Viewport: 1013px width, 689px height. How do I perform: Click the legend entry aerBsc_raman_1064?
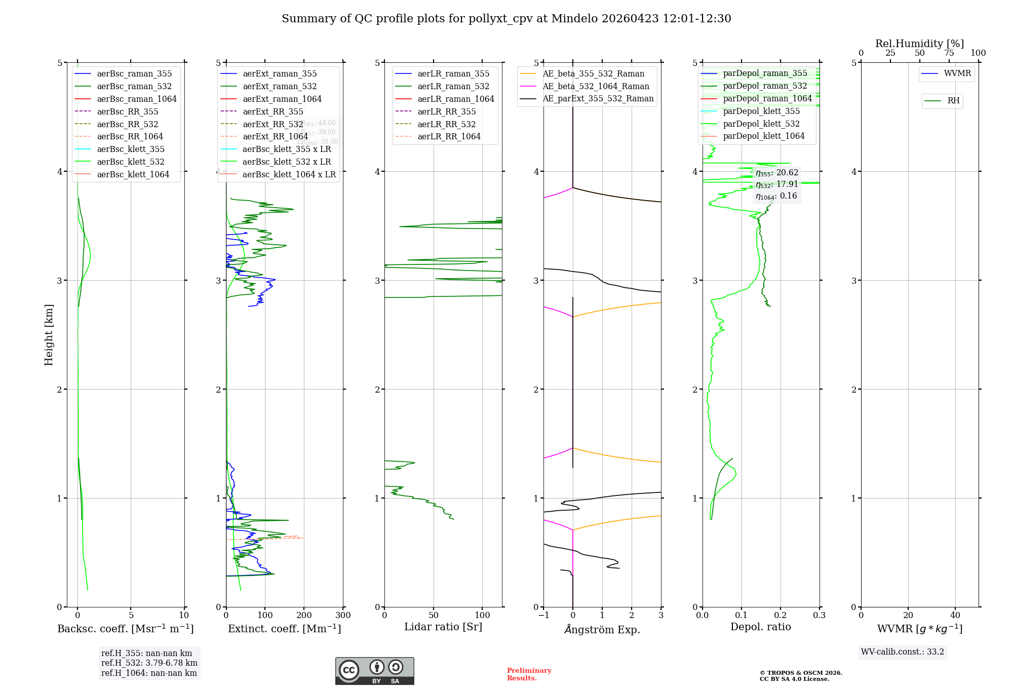137,99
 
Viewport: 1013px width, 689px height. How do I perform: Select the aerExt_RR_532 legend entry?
272,124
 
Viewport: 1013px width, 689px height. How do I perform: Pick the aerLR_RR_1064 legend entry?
449,136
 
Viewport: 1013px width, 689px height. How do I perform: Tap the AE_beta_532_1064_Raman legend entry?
596,86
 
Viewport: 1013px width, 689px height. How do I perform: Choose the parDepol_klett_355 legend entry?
761,111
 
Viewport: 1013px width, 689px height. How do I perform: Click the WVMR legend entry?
957,73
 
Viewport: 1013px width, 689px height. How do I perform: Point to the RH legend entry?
953,101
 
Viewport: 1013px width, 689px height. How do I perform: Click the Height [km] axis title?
49,334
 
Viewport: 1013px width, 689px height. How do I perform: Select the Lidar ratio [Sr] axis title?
443,627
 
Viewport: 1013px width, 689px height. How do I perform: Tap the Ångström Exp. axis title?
602,629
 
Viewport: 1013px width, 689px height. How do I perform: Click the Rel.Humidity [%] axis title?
919,44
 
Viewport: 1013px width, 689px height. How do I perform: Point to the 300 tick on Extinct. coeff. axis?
343,615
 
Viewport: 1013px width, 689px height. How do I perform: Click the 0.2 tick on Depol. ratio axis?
781,615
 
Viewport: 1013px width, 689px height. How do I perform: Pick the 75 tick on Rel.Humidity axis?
949,53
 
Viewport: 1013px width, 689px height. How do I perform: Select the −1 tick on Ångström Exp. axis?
543,615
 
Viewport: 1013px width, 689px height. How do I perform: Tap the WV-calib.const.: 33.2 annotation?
903,652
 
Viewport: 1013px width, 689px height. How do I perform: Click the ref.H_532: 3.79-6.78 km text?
149,663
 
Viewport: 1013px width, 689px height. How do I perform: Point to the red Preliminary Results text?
529,674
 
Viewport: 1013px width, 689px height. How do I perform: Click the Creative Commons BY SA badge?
374,671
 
